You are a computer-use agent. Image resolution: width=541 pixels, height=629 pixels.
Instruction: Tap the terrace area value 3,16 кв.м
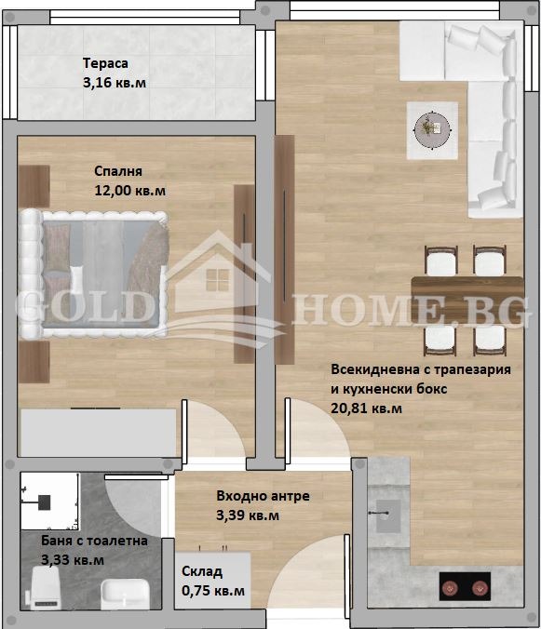pos(114,83)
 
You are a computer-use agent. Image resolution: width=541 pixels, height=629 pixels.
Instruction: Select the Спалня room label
pos(117,172)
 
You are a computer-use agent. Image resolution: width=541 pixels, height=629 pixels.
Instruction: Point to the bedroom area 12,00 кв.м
pos(130,191)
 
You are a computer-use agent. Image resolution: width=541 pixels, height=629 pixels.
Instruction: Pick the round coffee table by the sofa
pos(429,127)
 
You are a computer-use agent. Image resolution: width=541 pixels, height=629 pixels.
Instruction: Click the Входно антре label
pos(263,496)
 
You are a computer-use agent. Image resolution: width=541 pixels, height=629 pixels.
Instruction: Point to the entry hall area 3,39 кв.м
pos(248,515)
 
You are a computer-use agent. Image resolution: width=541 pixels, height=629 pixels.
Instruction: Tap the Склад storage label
pos(202,571)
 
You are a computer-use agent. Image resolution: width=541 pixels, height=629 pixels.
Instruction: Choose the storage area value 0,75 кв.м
pos(213,591)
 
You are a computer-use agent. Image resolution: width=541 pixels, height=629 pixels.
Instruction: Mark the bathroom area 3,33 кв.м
pos(73,560)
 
